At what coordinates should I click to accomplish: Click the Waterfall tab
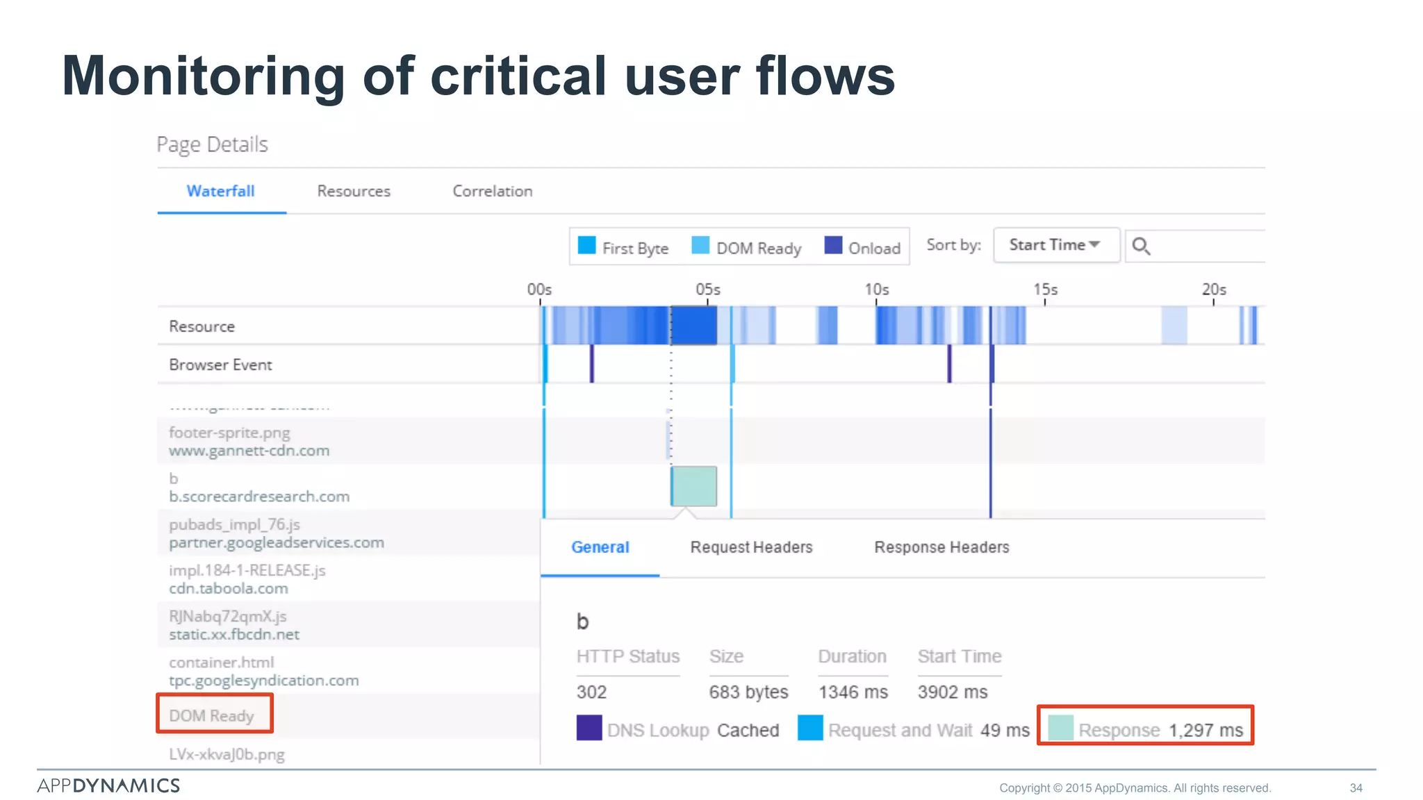click(220, 191)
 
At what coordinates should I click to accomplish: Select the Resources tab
click(354, 191)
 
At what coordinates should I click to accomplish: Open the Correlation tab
click(492, 191)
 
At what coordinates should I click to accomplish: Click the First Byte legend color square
click(586, 246)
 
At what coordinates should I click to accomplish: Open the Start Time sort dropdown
click(1055, 245)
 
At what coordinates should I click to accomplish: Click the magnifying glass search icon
click(1141, 247)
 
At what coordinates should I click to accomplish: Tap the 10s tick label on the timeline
click(876, 289)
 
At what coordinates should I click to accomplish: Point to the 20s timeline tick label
click(1213, 289)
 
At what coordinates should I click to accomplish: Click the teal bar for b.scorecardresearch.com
click(693, 486)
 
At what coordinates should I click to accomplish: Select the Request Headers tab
click(750, 547)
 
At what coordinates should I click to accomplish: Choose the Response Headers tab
click(941, 547)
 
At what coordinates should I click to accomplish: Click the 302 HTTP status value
click(591, 692)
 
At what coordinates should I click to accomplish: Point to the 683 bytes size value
click(748, 692)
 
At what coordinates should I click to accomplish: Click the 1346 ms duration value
click(853, 692)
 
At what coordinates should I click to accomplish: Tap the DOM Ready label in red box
click(212, 715)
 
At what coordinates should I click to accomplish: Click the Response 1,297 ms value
click(1205, 730)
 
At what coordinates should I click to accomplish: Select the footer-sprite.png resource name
click(229, 433)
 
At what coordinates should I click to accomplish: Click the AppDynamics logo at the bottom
click(108, 785)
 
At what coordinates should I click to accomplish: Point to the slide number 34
click(1356, 787)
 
